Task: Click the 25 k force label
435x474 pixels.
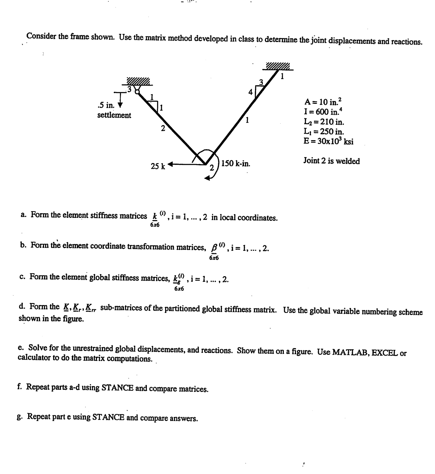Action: (x=158, y=166)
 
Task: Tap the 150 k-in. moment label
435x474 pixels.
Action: (x=236, y=163)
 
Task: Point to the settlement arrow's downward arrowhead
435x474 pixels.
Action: (x=120, y=105)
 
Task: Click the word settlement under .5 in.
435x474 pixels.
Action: (x=114, y=115)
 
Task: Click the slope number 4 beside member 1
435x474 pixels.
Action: (x=251, y=91)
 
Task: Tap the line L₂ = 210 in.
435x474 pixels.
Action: (x=324, y=122)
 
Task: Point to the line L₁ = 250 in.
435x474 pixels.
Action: (x=324, y=131)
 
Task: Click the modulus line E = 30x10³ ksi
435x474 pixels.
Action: (x=328, y=141)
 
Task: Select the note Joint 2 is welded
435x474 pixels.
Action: (x=332, y=161)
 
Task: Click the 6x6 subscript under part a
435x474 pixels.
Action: (x=155, y=225)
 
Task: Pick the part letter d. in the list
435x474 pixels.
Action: (x=23, y=306)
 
